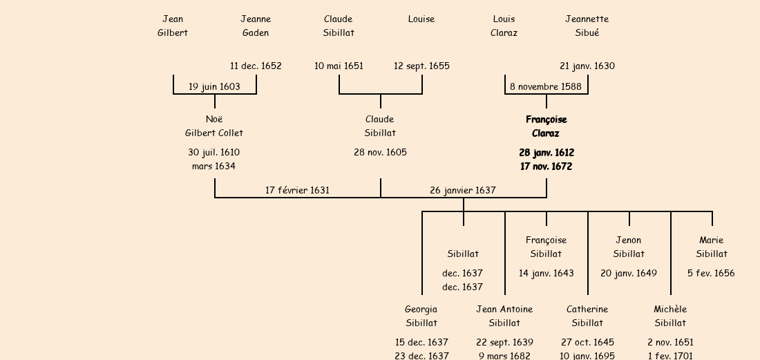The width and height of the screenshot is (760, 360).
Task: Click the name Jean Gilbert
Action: pyautogui.click(x=173, y=26)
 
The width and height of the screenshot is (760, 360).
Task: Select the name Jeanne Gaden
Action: pyautogui.click(x=256, y=26)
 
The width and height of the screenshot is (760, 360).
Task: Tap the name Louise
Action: pyautogui.click(x=421, y=19)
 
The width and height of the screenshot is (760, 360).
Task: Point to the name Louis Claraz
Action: pyautogui.click(x=504, y=26)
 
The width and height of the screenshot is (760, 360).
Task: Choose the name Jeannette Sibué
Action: pyautogui.click(x=587, y=26)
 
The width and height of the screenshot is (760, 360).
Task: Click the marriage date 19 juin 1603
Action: pyautogui.click(x=215, y=87)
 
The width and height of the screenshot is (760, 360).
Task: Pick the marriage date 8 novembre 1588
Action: pyautogui.click(x=546, y=87)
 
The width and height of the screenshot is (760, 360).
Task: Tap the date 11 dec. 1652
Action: pyautogui.click(x=256, y=66)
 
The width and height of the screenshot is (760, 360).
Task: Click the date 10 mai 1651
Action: pyautogui.click(x=339, y=66)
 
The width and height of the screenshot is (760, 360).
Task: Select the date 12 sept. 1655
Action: pyautogui.click(x=421, y=66)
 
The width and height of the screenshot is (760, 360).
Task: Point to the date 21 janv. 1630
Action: pyautogui.click(x=587, y=66)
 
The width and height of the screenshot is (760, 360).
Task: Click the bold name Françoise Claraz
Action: pyautogui.click(x=546, y=126)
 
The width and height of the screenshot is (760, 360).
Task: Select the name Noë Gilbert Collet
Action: pyautogui.click(x=214, y=126)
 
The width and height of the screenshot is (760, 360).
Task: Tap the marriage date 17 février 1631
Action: pyautogui.click(x=298, y=190)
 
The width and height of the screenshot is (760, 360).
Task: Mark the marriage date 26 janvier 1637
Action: pyautogui.click(x=463, y=190)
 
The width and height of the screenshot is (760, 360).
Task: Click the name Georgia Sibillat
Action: pyautogui.click(x=421, y=316)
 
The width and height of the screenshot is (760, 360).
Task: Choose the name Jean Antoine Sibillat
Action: pyautogui.click(x=504, y=316)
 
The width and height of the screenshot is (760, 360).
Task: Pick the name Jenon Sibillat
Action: pyautogui.click(x=629, y=247)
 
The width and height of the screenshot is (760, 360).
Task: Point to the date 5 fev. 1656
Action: pyautogui.click(x=711, y=274)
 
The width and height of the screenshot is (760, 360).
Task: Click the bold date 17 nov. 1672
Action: pyautogui.click(x=546, y=167)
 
